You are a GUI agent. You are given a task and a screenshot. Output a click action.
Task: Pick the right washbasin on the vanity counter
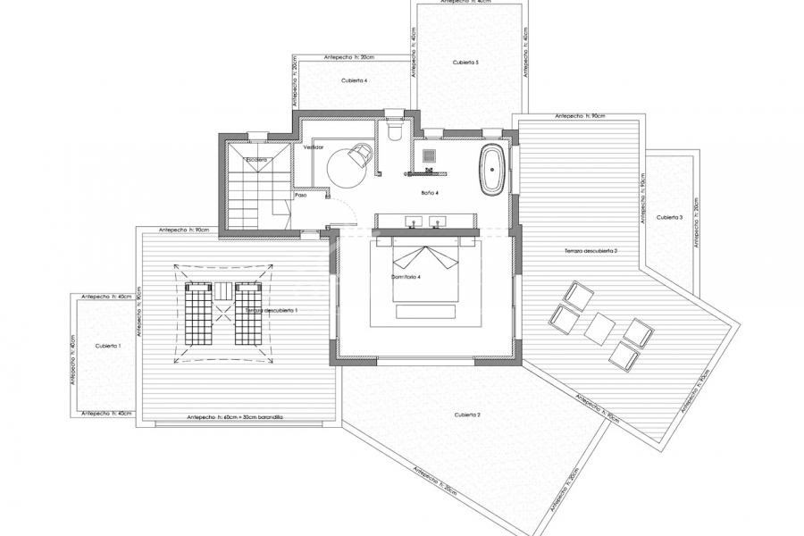(436, 222)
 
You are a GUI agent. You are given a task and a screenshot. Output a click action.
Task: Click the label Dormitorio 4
(406, 277)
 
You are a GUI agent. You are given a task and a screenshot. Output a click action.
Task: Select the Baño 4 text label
(430, 192)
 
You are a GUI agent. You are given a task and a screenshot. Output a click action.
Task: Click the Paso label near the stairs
(301, 195)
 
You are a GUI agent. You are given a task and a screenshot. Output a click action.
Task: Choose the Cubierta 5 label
(466, 63)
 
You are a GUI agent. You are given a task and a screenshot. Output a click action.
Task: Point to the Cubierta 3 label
(669, 217)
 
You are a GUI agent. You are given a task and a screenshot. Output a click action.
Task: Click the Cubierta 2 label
(467, 415)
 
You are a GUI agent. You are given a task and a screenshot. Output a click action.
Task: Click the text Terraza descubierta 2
(591, 252)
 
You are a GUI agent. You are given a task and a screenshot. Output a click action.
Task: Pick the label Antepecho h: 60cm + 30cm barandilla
(234, 417)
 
